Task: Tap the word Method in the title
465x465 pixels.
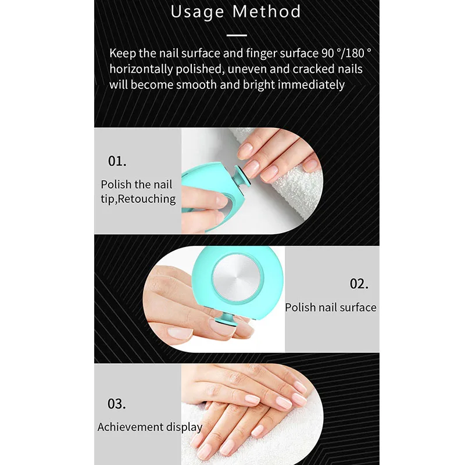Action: click(267, 12)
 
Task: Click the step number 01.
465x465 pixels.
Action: click(117, 161)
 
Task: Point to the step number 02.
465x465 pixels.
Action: click(359, 284)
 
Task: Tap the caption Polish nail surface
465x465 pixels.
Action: click(331, 307)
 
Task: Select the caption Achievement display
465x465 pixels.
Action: click(150, 427)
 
